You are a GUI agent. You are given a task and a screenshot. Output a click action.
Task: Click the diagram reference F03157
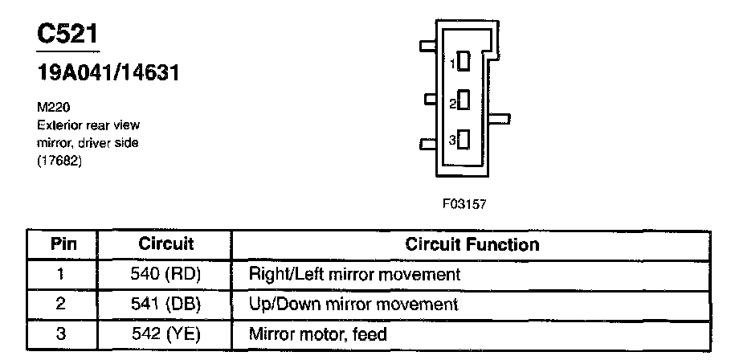click(x=464, y=204)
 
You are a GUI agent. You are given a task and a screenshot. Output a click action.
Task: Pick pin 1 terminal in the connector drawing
click(x=463, y=61)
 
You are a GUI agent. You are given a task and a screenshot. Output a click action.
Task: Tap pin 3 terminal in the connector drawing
click(x=463, y=140)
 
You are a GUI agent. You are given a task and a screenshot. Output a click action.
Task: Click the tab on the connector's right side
click(x=499, y=121)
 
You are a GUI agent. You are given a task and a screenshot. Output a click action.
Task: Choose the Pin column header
click(x=63, y=243)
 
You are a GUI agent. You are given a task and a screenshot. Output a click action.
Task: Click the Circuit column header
click(x=165, y=243)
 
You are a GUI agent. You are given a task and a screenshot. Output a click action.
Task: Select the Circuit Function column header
click(x=472, y=243)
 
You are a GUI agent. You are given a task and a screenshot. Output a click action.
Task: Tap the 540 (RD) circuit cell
click(x=165, y=274)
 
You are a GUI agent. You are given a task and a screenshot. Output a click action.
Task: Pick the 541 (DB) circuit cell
click(x=165, y=305)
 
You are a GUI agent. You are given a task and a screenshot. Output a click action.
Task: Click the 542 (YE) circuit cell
click(x=165, y=334)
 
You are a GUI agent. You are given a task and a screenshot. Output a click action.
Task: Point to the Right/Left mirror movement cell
click(x=354, y=274)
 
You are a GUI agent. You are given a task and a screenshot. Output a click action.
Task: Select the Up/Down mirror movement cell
click(x=353, y=305)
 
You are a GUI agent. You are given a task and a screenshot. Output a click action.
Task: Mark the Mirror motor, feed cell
click(x=318, y=334)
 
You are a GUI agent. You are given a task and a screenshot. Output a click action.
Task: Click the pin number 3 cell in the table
click(x=62, y=334)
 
